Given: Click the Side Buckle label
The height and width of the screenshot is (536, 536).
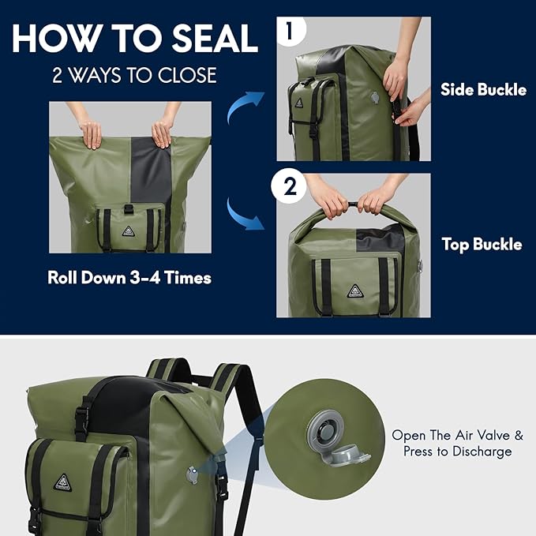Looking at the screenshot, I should pos(483,90).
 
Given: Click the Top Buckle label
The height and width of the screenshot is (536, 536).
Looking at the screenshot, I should pos(482,245).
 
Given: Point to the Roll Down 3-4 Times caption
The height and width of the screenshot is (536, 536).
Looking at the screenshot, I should pos(129,278).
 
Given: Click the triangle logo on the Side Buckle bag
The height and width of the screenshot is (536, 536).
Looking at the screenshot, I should pos(299,103).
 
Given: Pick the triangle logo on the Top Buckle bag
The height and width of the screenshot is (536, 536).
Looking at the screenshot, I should pos(354,290).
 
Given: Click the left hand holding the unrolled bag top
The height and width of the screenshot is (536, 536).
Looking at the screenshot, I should pos(92,133).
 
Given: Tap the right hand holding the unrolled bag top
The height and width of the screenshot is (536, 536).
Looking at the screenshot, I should pos(163,132).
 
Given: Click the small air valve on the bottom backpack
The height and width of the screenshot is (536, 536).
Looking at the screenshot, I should pos(191,474).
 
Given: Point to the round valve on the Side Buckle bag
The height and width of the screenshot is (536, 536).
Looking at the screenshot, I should pos(375,98).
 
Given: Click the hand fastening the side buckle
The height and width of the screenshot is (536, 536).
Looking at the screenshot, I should pos(412,111).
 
